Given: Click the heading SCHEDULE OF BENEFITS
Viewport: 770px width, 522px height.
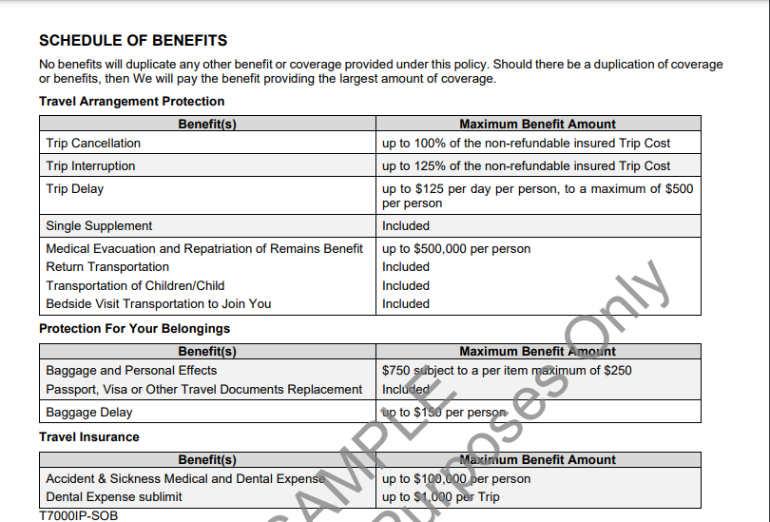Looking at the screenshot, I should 133,41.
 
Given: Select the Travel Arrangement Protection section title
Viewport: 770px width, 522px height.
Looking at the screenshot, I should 132,102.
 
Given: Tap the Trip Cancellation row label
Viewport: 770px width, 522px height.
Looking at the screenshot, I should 93,144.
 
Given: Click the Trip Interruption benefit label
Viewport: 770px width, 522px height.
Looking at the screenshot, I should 90,166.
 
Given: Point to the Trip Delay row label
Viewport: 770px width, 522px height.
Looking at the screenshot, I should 75,189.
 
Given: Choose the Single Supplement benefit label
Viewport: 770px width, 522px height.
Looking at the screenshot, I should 99,226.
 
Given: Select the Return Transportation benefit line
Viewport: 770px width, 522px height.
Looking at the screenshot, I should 107,267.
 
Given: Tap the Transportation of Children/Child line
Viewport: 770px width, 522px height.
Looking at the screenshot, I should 135,286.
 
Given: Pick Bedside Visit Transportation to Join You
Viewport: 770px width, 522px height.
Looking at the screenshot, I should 159,304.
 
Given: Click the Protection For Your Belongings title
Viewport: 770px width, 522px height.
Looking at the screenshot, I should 134,329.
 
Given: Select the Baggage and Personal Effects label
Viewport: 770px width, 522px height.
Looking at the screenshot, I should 131,371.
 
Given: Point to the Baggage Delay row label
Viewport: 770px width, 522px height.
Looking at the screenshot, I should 89,413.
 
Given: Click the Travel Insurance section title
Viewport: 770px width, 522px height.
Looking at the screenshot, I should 89,437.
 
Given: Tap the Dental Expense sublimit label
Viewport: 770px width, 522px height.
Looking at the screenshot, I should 114,497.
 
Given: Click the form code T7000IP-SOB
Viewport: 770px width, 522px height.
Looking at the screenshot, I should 79,515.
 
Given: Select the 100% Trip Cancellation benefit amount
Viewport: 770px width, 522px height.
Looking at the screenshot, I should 526,144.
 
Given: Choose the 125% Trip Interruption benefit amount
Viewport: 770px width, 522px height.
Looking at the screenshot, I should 526,166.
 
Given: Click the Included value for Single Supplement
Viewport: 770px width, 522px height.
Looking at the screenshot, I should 406,226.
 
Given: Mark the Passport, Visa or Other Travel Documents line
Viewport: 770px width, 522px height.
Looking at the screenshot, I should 204,390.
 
